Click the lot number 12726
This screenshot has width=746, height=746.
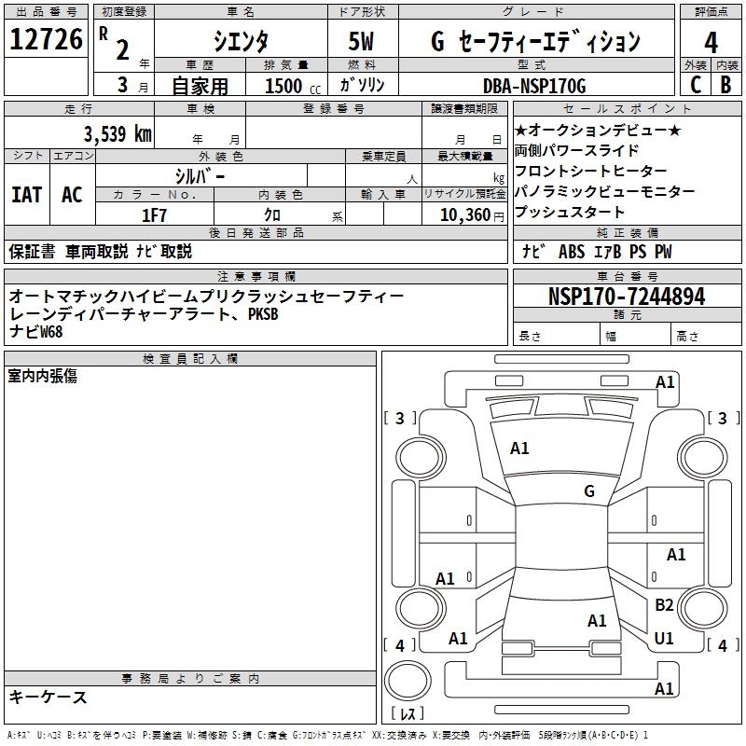tap(47, 40)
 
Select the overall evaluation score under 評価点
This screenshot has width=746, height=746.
tap(711, 42)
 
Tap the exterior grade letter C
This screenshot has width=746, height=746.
tap(695, 85)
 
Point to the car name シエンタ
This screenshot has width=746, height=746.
tap(240, 41)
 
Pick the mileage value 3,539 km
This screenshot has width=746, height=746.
tap(117, 132)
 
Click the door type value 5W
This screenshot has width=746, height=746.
tap(363, 41)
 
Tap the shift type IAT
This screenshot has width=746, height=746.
tap(26, 194)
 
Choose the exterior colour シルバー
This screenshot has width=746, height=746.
tap(200, 175)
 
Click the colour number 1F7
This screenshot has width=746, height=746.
tap(154, 215)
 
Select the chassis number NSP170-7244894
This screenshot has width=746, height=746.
tap(627, 297)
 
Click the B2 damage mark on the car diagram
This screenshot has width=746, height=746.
tap(664, 605)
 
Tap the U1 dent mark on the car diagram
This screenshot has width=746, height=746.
tap(664, 639)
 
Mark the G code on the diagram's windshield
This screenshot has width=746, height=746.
tap(588, 491)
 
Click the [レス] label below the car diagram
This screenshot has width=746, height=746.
tap(408, 715)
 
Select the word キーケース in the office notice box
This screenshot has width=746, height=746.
tap(48, 697)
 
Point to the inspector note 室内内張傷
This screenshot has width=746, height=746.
tap(43, 376)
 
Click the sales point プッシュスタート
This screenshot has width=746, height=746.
tap(570, 212)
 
